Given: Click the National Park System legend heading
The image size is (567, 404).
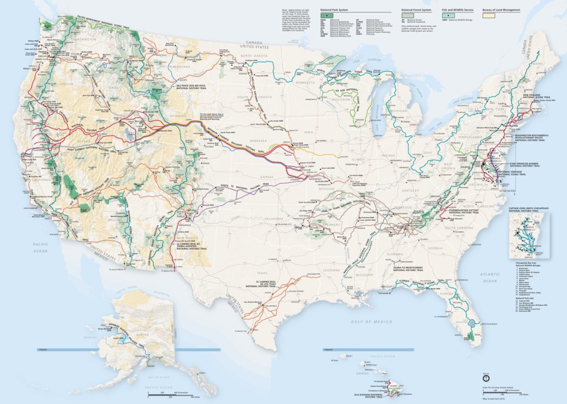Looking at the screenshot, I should click(334, 10).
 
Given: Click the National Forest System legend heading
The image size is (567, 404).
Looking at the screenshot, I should click(416, 10).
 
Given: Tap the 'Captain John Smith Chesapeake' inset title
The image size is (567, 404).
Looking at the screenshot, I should click(529, 206).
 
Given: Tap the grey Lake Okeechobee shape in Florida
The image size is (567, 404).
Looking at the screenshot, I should click(473, 323).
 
